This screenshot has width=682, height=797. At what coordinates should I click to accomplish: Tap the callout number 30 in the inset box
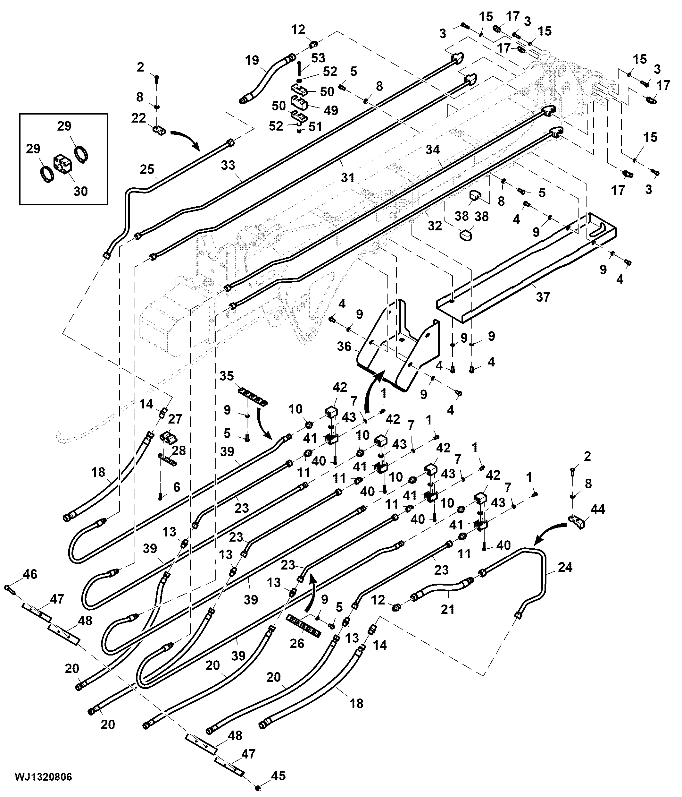coord(81,191)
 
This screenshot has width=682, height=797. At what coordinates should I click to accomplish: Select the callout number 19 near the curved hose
coord(252,60)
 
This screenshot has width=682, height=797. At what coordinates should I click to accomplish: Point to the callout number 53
coord(318,58)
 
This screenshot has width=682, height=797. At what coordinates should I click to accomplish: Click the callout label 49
coord(331,110)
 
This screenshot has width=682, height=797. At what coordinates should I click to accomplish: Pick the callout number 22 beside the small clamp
coord(139,118)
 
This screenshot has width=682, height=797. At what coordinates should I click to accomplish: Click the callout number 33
coord(228,165)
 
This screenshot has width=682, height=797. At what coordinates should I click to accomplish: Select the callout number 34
coord(433,150)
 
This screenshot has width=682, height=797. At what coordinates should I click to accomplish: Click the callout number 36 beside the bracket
coord(344,347)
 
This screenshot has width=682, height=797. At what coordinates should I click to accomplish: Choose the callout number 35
coord(227,376)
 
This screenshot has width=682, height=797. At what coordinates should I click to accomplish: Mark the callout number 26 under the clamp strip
coord(297,644)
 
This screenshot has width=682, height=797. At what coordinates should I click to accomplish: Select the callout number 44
coord(598,509)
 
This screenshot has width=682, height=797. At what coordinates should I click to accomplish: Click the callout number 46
coord(30,574)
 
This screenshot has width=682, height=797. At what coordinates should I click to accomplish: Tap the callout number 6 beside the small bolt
coord(177,487)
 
